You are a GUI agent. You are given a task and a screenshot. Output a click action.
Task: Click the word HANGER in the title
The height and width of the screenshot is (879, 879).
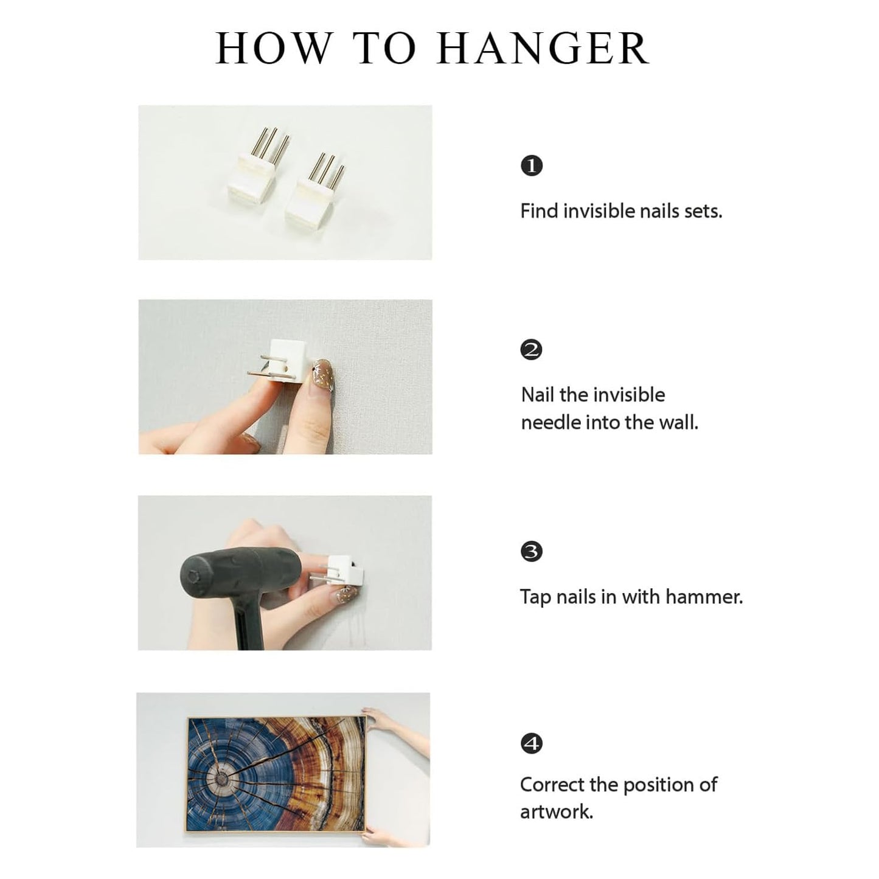point(543,48)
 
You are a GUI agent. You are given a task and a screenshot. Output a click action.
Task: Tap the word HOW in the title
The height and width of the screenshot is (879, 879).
point(273,48)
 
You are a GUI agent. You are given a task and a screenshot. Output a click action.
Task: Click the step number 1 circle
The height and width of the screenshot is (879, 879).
point(532,165)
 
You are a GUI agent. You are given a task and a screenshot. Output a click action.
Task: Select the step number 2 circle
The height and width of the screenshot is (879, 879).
point(532,350)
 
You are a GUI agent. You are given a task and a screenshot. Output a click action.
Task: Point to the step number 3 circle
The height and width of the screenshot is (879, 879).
point(532,552)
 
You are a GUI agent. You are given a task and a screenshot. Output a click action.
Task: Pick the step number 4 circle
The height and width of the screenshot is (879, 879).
point(532,744)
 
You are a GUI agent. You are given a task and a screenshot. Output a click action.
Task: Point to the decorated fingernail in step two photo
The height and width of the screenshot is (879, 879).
point(322,375)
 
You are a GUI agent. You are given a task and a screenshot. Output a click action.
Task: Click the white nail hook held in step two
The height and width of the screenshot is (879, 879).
point(279,363)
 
